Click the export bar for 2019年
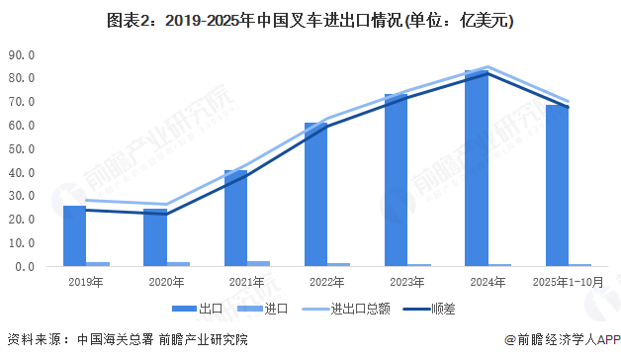click(x=74, y=236)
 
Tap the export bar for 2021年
click(x=235, y=219)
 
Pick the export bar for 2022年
click(x=315, y=195)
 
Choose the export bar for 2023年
click(x=396, y=180)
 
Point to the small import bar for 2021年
click(x=259, y=264)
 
